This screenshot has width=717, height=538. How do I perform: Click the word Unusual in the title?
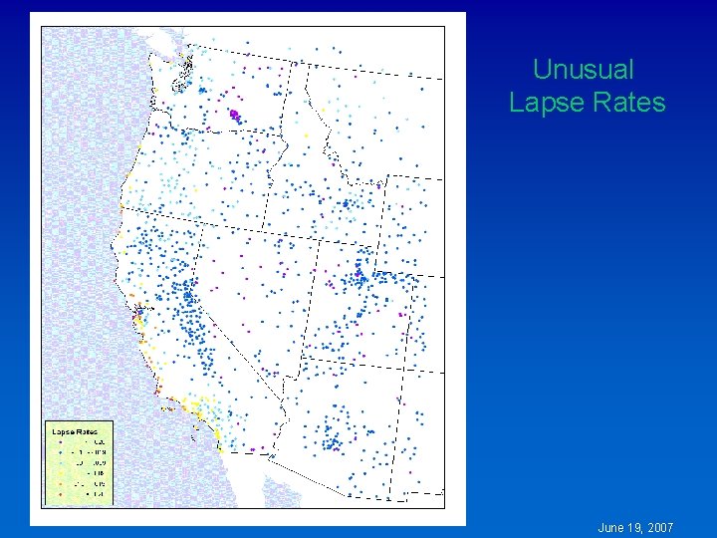[x=583, y=70]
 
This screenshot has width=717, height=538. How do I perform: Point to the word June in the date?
[x=610, y=527]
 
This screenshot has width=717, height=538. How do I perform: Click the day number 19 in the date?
[x=635, y=527]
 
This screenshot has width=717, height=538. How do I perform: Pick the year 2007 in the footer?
[x=660, y=527]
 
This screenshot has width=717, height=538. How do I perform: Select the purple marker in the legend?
[x=61, y=441]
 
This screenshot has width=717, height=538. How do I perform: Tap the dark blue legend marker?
[x=61, y=452]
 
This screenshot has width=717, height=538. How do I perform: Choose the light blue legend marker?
[x=61, y=463]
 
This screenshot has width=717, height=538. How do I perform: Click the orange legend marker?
[x=61, y=484]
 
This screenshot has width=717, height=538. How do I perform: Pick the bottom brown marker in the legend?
[x=61, y=494]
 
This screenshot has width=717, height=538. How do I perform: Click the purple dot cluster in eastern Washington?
[x=235, y=115]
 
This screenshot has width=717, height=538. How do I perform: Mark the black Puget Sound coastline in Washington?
[x=185, y=75]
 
